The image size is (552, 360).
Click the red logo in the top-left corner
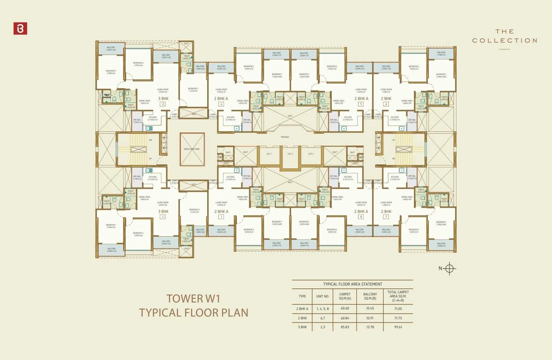(20, 28)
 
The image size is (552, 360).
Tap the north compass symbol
(449, 268)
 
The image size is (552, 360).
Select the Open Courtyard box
(192, 149)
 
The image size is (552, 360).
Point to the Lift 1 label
(269, 154)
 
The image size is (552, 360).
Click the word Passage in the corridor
(285, 137)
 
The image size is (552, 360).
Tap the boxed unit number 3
(163, 104)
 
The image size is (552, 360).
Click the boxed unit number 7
(386, 217)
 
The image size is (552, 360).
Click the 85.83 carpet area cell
(345, 326)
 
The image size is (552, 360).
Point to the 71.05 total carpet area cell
(398, 309)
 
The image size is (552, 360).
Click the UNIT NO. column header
(323, 296)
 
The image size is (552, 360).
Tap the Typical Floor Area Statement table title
(352, 284)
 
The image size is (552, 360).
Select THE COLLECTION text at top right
(504, 36)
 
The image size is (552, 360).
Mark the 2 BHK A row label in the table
(302, 309)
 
